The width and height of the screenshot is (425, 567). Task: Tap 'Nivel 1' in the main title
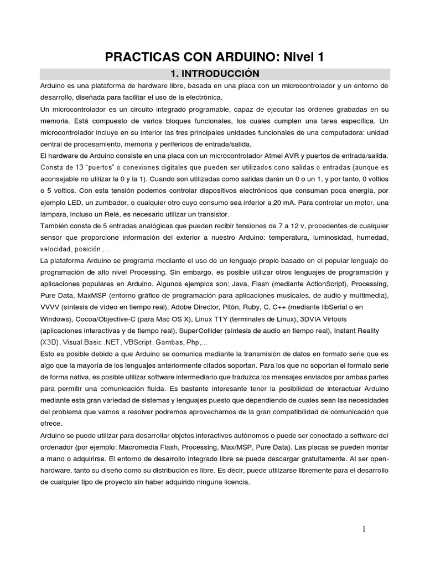point(304,56)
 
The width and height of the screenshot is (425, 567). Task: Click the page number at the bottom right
point(364,529)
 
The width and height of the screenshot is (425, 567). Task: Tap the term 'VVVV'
point(50,307)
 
